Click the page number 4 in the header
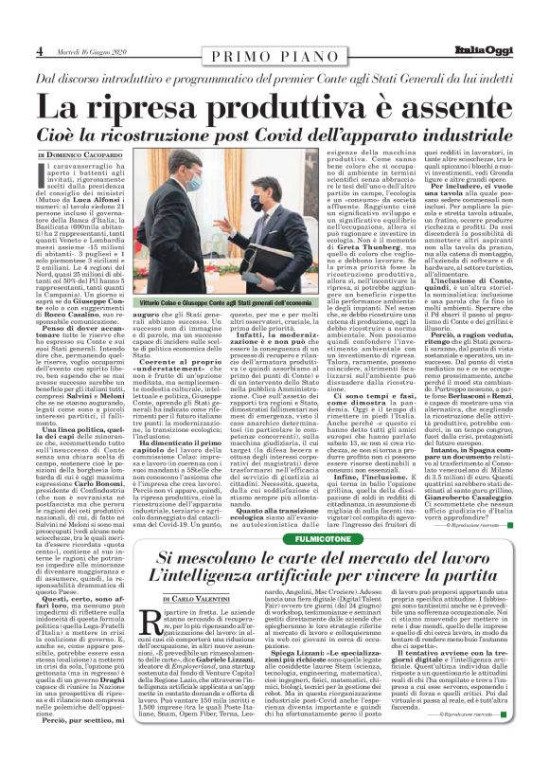click(41, 50)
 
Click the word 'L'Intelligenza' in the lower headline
click(221, 576)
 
